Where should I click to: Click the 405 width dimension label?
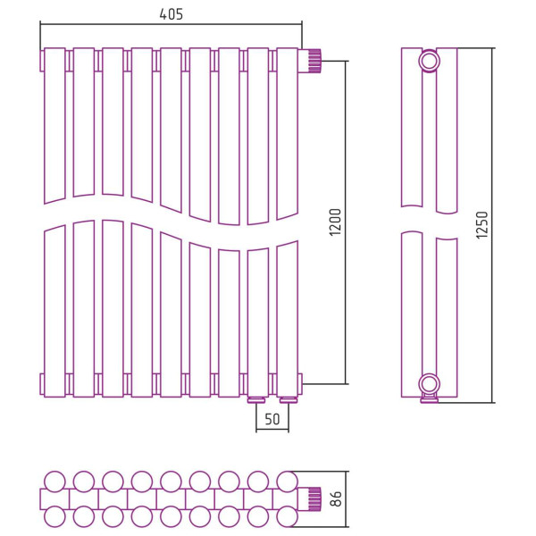(172, 14)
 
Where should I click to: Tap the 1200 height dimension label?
(335, 222)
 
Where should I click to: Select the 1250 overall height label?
(482, 225)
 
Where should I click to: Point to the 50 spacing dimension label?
(272, 419)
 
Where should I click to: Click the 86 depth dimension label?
(337, 498)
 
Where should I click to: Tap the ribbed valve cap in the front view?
(314, 61)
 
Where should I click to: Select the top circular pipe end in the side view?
(430, 61)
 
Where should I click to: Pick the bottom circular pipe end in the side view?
(430, 384)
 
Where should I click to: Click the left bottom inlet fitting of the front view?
(257, 399)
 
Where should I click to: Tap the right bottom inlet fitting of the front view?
(289, 399)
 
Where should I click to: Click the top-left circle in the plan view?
(54, 482)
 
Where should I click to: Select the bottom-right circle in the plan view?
(287, 517)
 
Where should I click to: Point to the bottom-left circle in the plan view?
(54, 517)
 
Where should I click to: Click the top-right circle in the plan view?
(287, 482)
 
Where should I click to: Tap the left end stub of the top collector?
(42, 61)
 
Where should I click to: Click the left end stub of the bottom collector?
(42, 384)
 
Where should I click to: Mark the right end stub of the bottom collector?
(300, 384)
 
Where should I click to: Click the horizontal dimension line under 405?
(171, 24)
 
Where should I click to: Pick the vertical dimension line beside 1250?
(492, 225)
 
